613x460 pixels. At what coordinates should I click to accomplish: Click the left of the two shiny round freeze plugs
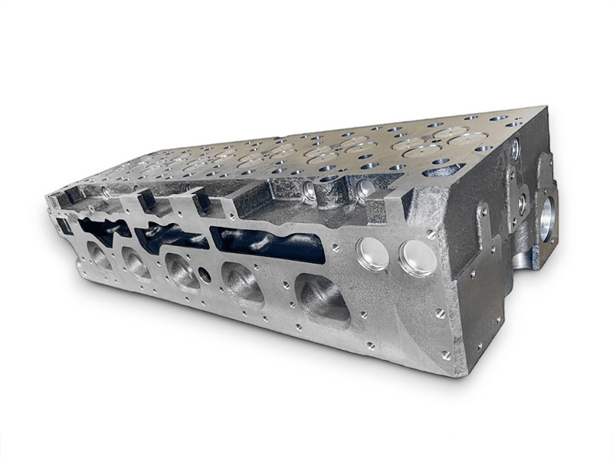pyautogui.click(x=373, y=254)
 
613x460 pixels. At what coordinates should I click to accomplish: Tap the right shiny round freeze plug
pyautogui.click(x=418, y=258)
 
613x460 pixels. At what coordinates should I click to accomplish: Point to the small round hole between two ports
pyautogui.click(x=205, y=274)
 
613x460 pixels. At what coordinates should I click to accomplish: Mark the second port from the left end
pyautogui.click(x=136, y=263)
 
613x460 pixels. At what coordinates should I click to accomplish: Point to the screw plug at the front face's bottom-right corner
pyautogui.click(x=446, y=355)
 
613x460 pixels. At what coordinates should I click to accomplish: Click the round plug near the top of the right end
pyautogui.click(x=515, y=149)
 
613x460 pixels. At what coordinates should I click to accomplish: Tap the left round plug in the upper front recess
pyautogui.click(x=310, y=189)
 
